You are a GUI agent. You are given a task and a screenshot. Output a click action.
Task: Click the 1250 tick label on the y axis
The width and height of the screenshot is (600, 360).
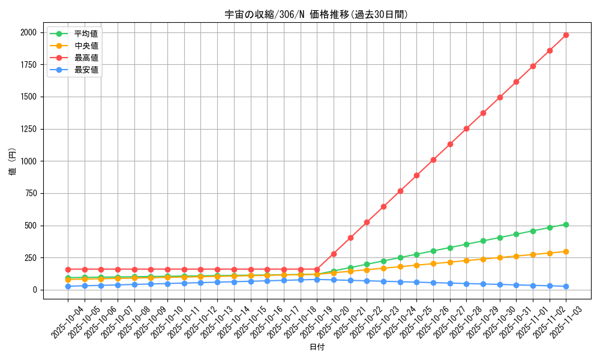point(26,129)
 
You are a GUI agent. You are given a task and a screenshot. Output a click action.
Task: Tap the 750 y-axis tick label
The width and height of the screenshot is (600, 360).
point(29,193)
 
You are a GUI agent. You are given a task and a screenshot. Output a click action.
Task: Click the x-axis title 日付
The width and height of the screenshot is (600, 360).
point(317,347)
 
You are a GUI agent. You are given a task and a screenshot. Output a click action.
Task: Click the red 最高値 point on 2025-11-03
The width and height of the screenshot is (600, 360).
point(566,35)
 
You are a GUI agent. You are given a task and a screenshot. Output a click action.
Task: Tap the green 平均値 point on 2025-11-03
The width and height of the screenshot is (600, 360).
point(566,224)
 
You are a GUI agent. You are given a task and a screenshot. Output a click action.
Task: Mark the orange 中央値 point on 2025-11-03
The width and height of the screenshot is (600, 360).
point(566,251)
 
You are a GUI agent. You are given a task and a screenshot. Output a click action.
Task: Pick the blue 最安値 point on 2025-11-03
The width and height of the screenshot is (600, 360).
point(566,286)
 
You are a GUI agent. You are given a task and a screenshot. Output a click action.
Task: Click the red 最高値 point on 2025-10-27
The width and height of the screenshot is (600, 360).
point(449,144)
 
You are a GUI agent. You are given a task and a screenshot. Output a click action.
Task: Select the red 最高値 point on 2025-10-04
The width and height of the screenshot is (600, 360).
point(68,269)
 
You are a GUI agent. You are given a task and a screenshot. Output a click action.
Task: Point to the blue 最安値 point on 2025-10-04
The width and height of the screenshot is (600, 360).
point(68,286)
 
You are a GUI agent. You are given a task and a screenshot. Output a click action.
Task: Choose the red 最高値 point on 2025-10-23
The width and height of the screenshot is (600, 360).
point(383,206)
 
